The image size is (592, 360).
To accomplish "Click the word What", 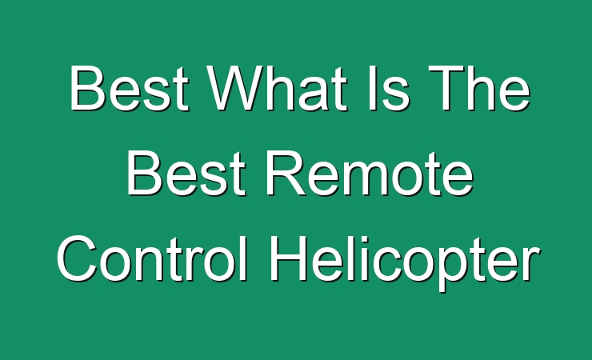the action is pyautogui.click(x=277, y=88).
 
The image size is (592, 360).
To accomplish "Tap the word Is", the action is pyautogui.click(x=388, y=88).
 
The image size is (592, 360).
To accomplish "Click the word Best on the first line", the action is pyautogui.click(x=128, y=88).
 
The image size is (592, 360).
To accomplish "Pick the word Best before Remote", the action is pyautogui.click(x=186, y=173).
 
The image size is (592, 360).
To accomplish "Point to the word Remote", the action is pyautogui.click(x=370, y=173).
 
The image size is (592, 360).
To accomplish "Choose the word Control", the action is pyautogui.click(x=152, y=258).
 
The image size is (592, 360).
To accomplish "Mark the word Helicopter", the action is pyautogui.click(x=404, y=262).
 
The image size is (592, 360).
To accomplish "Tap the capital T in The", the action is pyautogui.click(x=447, y=88).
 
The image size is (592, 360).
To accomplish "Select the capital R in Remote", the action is pyautogui.click(x=286, y=173).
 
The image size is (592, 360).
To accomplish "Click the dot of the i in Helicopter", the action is pyautogui.click(x=352, y=238).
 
